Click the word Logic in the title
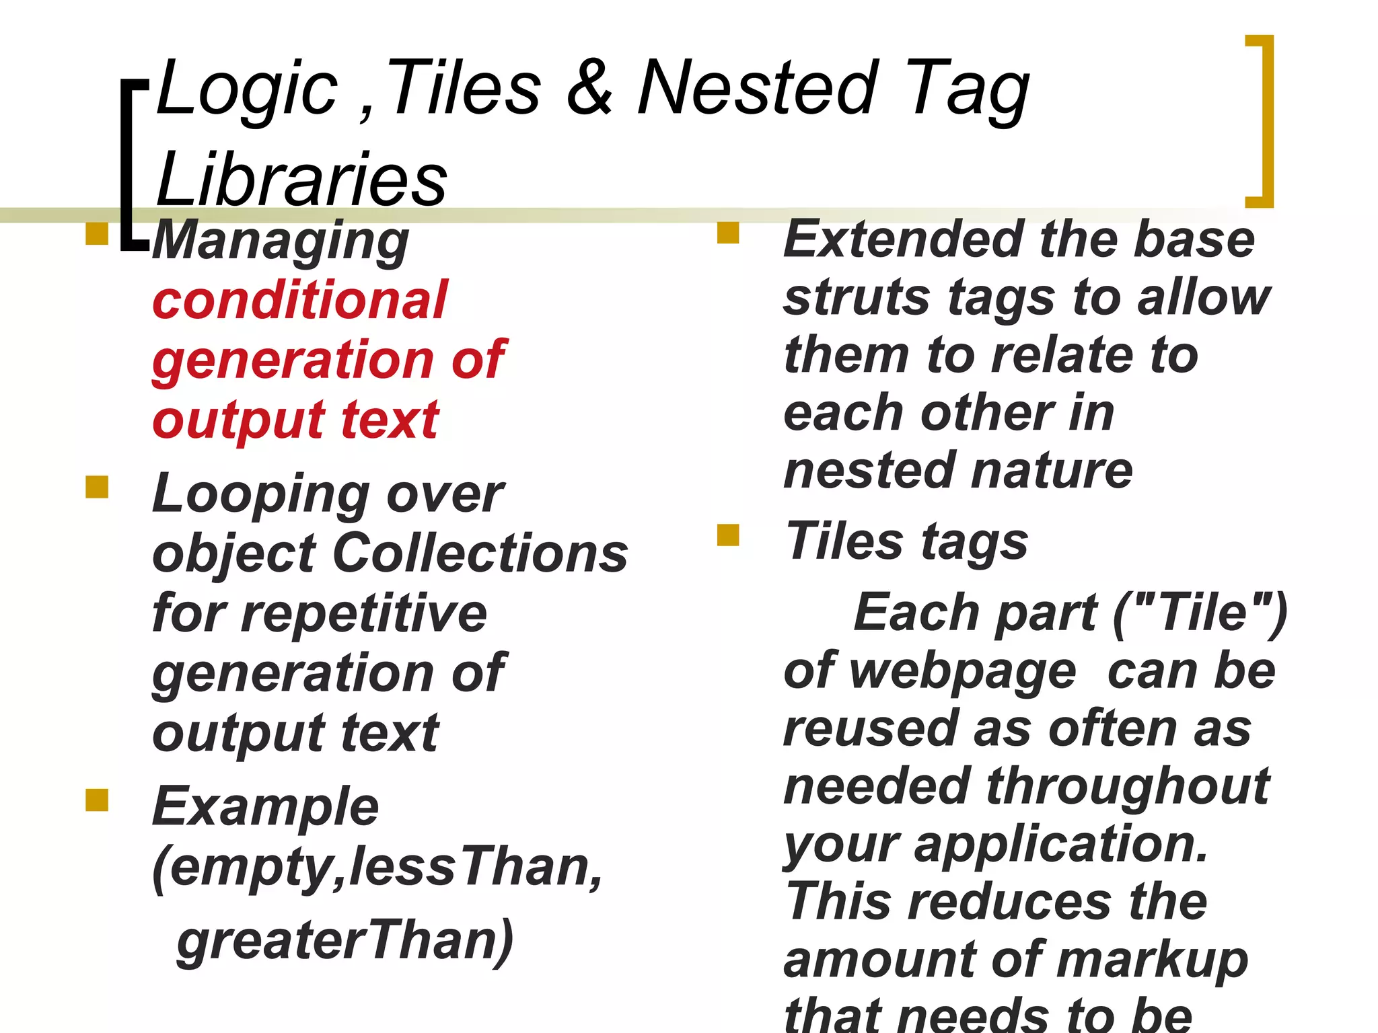(247, 89)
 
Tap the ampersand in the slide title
(589, 88)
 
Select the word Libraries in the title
(301, 180)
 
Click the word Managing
(281, 242)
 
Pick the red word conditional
(300, 300)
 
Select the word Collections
(480, 554)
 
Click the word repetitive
(364, 613)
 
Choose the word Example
(266, 806)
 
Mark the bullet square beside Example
(97, 800)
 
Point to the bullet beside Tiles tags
(728, 535)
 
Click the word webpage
(963, 672)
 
